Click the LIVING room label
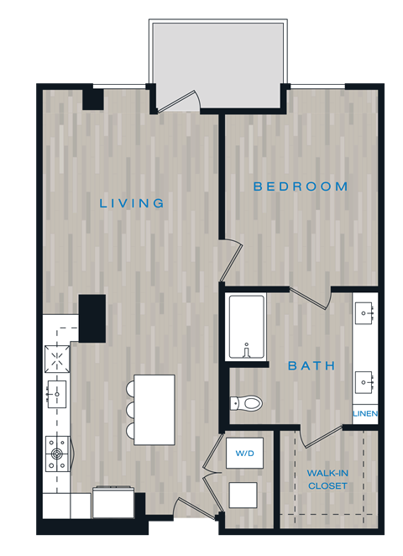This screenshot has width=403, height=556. click(132, 203)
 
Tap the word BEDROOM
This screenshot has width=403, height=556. click(301, 186)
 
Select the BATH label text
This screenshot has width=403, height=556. click(311, 365)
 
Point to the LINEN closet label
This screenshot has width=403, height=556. click(365, 414)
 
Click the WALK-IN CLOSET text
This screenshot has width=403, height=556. click(327, 480)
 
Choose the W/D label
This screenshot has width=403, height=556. click(245, 454)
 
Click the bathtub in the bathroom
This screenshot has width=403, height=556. click(246, 326)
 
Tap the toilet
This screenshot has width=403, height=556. click(247, 403)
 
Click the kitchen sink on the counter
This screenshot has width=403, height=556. click(56, 391)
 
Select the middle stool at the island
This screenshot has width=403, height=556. click(131, 409)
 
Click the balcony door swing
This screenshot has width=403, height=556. click(179, 102)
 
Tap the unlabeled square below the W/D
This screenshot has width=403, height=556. click(243, 494)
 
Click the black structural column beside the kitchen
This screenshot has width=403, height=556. click(92, 317)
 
